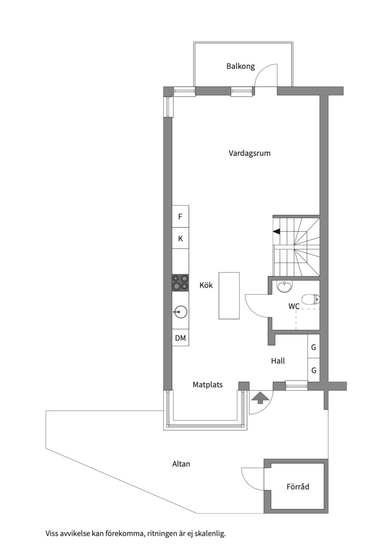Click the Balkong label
[x=241, y=66]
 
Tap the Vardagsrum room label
[x=249, y=153]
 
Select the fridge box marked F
[x=180, y=217]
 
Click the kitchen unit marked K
[x=180, y=239]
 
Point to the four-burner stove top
[x=180, y=282]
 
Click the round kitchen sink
[x=180, y=310]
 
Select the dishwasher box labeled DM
[x=180, y=338]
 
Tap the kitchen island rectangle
[x=229, y=295]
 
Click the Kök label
[x=206, y=286]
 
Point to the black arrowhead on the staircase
[x=277, y=232]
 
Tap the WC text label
[x=293, y=306]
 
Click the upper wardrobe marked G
[x=313, y=347]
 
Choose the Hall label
[x=278, y=361]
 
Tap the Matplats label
[x=208, y=384]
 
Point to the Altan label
[x=181, y=464]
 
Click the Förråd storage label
[x=298, y=486]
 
